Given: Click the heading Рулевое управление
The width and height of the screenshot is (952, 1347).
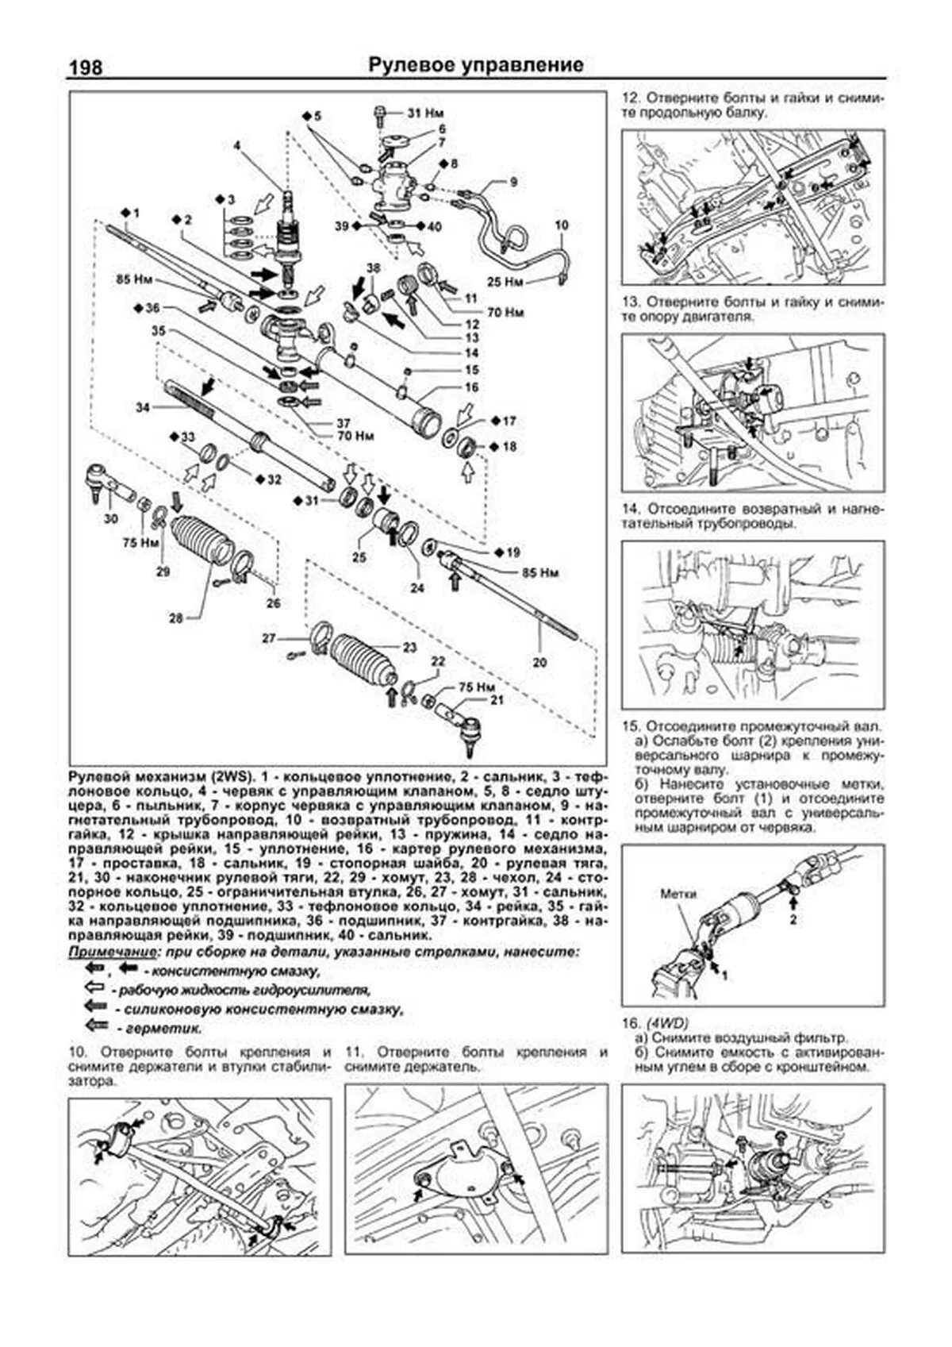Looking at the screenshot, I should click(x=476, y=65).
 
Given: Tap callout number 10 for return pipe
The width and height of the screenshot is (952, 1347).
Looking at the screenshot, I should click(x=561, y=225).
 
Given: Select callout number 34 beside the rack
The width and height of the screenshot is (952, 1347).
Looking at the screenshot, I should click(x=142, y=407).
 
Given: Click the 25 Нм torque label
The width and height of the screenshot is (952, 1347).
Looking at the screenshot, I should click(x=505, y=282).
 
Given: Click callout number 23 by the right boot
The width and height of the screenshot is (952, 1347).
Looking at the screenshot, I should click(x=409, y=648).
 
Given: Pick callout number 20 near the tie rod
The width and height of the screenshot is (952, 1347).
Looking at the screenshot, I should click(x=539, y=663).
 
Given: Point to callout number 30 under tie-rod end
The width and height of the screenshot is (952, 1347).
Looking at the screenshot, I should click(x=110, y=518).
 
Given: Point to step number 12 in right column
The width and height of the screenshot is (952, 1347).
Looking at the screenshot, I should click(x=630, y=98).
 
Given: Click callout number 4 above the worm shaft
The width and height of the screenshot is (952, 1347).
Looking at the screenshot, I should click(x=236, y=145).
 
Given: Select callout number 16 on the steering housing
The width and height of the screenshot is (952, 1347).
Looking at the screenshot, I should click(x=471, y=387).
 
